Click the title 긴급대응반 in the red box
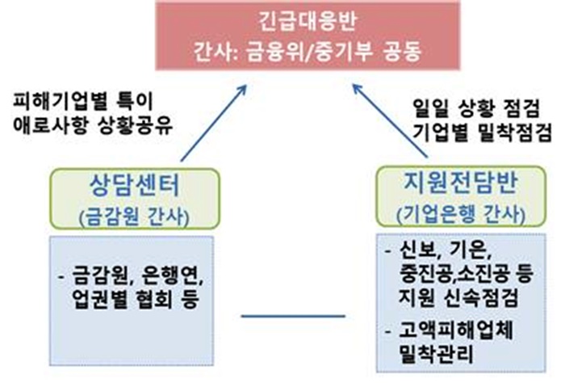click(308, 20)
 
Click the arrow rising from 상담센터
click(213, 124)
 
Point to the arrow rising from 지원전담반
click(390, 121)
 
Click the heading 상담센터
click(135, 185)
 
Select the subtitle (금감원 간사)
click(134, 217)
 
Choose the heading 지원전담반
click(461, 183)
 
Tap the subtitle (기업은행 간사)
click(461, 214)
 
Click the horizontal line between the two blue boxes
click(293, 316)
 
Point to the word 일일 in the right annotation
click(429, 108)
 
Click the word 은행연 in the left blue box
click(174, 276)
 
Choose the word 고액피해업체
click(455, 330)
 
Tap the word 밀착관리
click(436, 353)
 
